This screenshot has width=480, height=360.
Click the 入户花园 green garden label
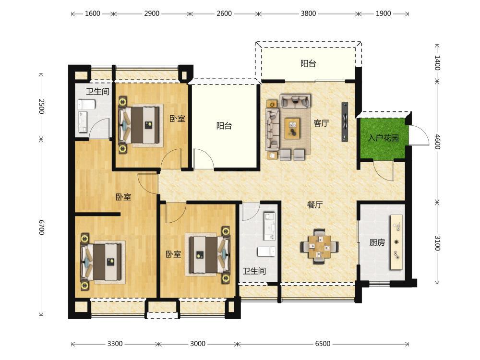tap(383, 138)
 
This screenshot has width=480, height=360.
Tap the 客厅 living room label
tap(321, 123)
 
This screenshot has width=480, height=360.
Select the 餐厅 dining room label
tap(315, 205)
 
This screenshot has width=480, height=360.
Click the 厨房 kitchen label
tap(377, 242)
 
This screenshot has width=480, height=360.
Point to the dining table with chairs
tap(320, 246)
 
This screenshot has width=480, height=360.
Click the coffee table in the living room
tap(292, 129)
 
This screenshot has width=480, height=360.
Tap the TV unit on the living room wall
tap(345, 121)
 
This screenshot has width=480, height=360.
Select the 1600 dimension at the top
tap(93, 13)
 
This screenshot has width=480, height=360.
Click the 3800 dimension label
tap(308, 13)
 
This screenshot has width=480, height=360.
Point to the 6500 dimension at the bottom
tap(323, 344)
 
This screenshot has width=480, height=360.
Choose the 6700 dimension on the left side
tap(42, 228)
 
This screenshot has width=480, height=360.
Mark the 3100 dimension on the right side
tap(437, 243)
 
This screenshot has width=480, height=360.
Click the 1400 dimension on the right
tap(437, 63)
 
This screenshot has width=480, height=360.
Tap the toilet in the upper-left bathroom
tap(86, 105)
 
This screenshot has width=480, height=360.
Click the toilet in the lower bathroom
tap(266, 252)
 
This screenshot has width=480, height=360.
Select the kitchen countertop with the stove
tap(396, 242)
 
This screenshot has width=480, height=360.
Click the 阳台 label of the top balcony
tap(308, 64)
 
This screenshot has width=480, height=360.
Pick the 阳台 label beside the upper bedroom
tap(224, 126)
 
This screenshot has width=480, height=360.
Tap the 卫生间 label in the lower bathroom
tap(254, 271)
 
